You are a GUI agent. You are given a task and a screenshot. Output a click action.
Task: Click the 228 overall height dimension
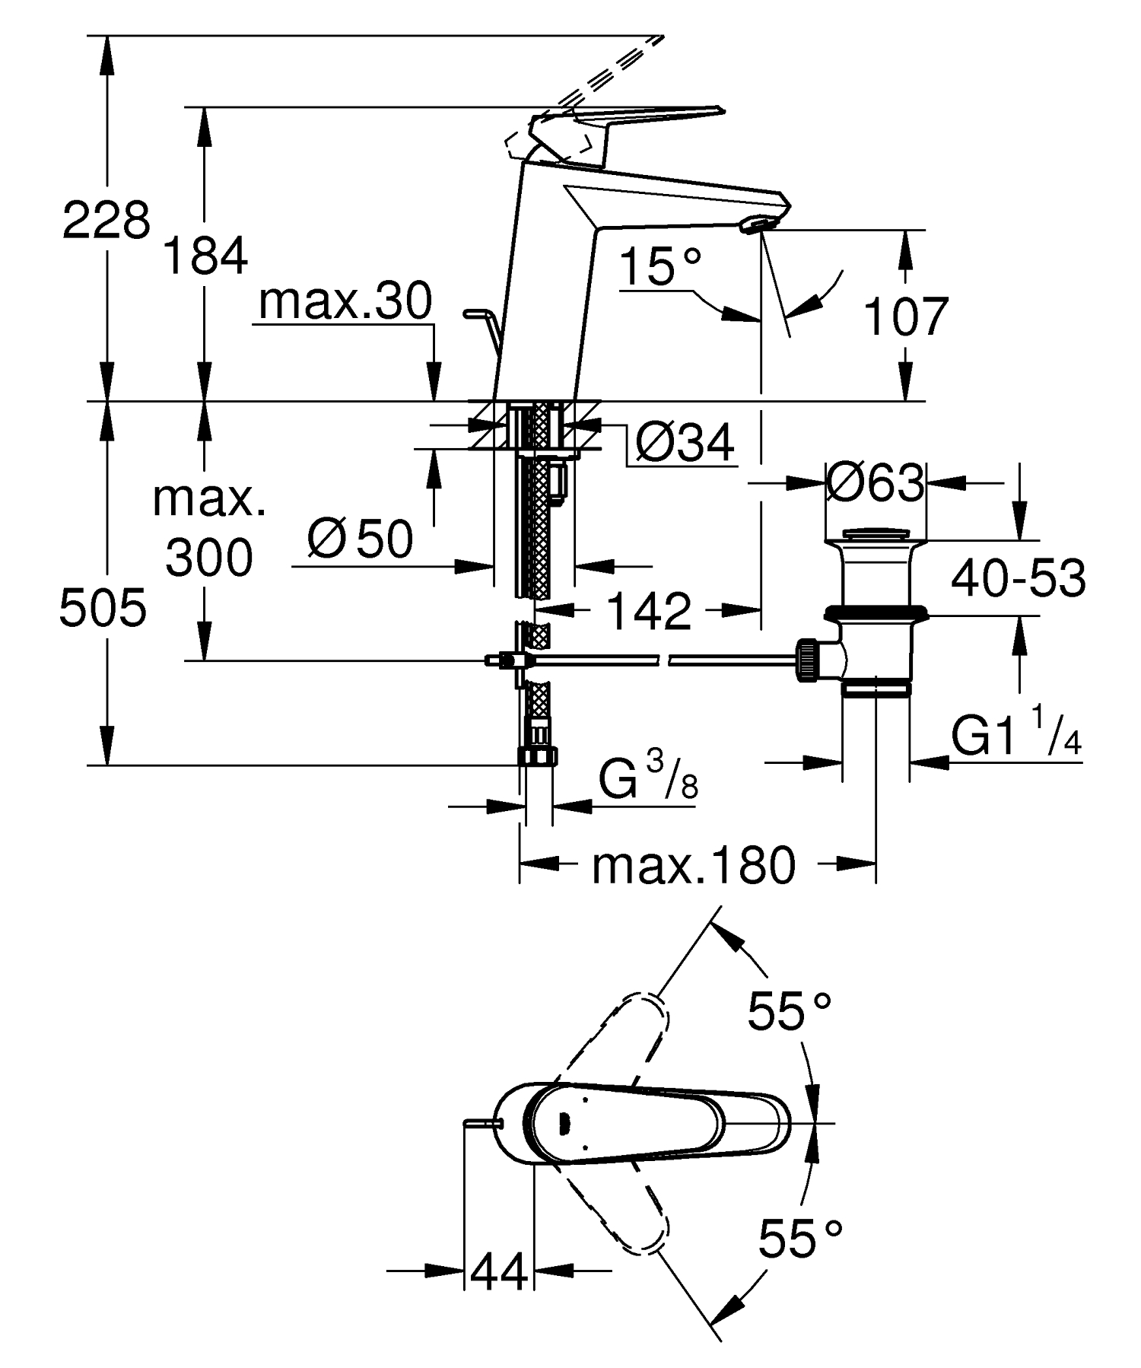pos(106,221)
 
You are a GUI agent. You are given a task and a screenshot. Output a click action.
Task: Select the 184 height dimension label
pos(205,256)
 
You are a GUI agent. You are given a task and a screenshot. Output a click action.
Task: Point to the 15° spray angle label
pos(659,266)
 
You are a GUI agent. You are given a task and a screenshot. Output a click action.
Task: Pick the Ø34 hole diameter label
pos(683,443)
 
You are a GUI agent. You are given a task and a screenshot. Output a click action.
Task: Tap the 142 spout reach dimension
pos(649,611)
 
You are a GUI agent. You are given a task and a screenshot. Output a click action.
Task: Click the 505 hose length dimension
pos(103,609)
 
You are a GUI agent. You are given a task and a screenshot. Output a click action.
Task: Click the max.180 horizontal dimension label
pos(693,866)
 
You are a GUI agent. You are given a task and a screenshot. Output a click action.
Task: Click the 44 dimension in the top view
pos(499,1271)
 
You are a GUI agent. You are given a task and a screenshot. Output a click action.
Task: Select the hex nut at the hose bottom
pos(538,756)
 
